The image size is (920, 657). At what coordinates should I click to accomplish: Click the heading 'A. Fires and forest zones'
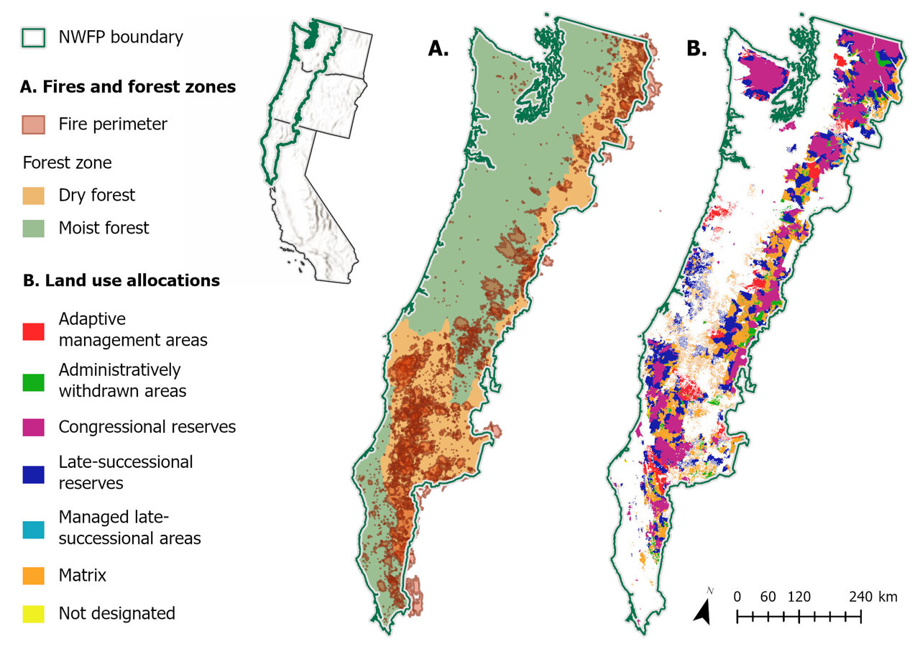pos(128,87)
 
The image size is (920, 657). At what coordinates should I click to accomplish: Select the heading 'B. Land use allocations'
pos(121,280)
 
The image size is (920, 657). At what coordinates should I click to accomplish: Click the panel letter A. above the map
pos(438,48)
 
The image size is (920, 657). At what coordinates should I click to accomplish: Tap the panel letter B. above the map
pos(697,48)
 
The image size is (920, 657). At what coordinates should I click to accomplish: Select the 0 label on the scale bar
pos(737,597)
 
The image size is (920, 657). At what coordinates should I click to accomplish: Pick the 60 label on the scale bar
pos(768,597)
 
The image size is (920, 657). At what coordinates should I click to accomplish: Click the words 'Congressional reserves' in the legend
pos(147,427)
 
